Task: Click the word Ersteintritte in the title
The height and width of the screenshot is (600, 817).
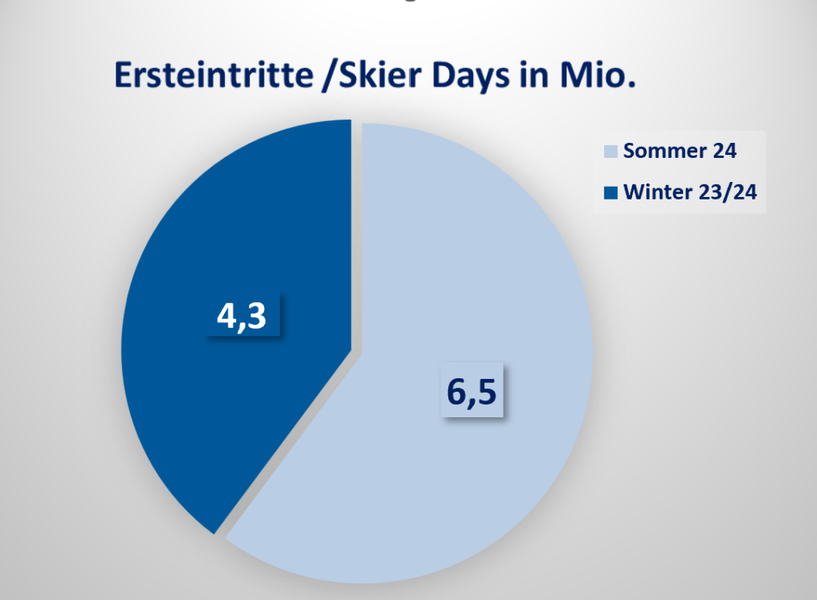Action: tap(214, 75)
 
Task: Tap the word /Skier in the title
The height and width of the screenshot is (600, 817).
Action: tap(372, 75)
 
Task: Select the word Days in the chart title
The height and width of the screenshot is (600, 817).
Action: tap(471, 77)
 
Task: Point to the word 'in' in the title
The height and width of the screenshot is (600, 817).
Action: tap(534, 75)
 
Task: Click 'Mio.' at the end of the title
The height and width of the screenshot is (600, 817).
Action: tap(598, 75)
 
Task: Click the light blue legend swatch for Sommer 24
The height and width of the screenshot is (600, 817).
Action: tap(610, 151)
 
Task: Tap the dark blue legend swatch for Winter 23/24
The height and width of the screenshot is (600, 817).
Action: tap(610, 193)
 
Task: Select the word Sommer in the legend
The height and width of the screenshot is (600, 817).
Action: tap(665, 151)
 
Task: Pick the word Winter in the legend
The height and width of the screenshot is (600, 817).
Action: tap(657, 192)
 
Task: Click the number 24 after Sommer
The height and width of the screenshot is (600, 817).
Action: tap(724, 151)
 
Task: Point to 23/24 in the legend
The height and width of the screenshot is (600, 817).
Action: tap(728, 192)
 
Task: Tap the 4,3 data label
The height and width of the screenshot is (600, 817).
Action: tap(242, 316)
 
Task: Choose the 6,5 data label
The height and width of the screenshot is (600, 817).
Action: tap(472, 390)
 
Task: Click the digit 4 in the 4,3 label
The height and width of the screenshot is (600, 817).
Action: tap(226, 315)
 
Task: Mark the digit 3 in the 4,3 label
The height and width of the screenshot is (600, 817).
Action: tap(257, 315)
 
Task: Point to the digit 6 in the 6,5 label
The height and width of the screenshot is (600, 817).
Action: tap(456, 391)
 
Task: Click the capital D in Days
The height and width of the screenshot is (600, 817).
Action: tap(443, 75)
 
